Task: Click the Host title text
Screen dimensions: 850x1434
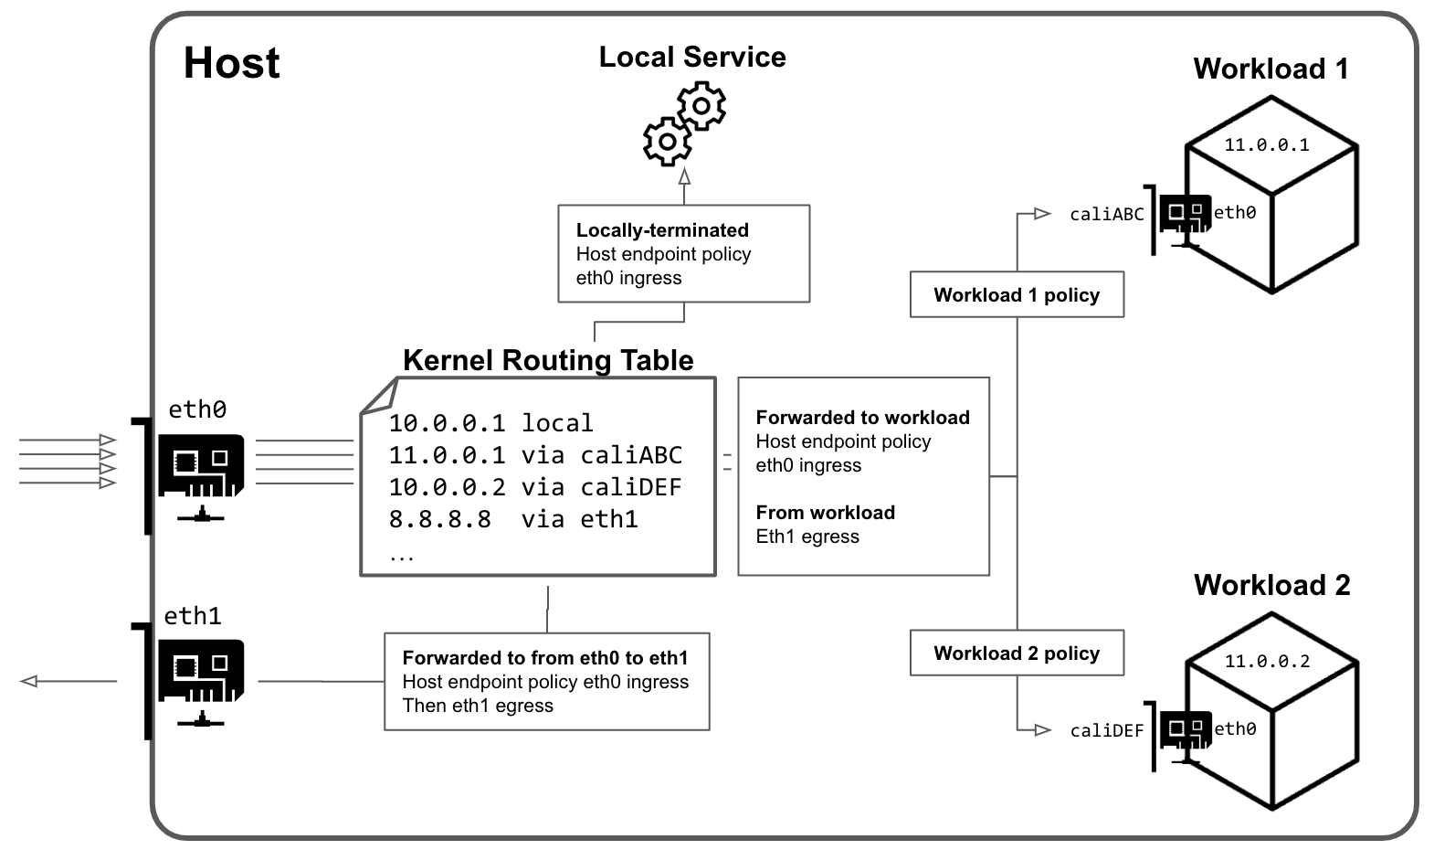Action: tap(231, 64)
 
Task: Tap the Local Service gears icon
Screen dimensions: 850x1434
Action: tap(684, 124)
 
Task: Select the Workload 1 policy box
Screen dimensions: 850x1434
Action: tap(1017, 295)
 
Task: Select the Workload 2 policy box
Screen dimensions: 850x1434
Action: tap(1017, 653)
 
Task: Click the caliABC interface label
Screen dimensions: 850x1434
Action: tap(1106, 215)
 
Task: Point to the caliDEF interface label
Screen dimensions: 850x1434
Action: tap(1106, 731)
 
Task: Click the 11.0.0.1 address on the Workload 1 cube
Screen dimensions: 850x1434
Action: tap(1266, 145)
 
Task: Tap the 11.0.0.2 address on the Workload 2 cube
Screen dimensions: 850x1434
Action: tap(1267, 662)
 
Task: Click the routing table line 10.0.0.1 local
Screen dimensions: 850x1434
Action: tap(490, 424)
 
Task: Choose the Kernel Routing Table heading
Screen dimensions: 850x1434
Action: tap(548, 360)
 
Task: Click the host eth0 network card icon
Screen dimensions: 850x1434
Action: tap(201, 467)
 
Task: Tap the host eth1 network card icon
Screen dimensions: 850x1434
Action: tap(201, 672)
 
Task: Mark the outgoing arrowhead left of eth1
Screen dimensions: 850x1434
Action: tap(29, 681)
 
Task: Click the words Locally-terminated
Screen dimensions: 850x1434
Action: tap(662, 230)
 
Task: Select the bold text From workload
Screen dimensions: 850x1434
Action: tap(825, 513)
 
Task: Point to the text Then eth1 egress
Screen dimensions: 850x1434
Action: tap(478, 706)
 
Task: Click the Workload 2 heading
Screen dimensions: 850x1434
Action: tap(1271, 585)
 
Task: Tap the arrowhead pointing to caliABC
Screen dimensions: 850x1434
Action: tap(1042, 214)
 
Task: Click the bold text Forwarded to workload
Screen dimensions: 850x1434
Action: tap(862, 418)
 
